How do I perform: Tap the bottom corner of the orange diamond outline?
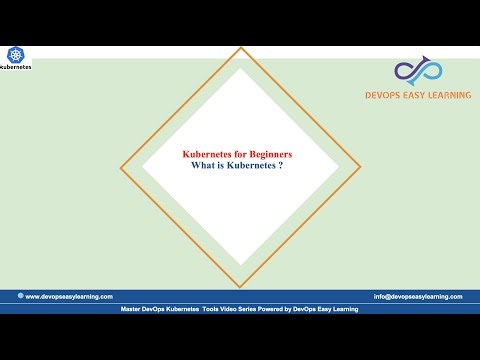click(240, 287)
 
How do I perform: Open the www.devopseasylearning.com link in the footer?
click(69, 296)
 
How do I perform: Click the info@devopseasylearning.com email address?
click(418, 296)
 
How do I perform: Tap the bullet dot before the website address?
click(19, 296)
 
